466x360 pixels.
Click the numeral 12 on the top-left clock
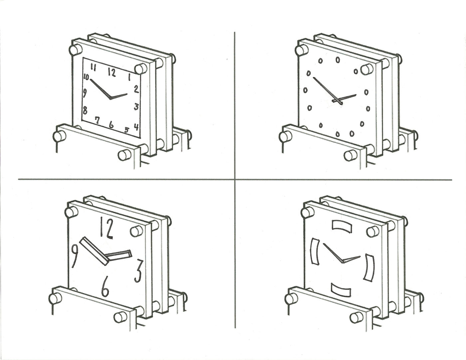click(x=112, y=73)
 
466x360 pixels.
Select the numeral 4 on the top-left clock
click(x=136, y=127)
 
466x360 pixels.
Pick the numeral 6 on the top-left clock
click(x=111, y=125)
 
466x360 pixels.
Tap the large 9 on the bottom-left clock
click(x=75, y=255)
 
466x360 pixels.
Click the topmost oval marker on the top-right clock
click(x=338, y=60)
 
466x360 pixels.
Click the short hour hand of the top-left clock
click(x=119, y=97)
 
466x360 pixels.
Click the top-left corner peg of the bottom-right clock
click(x=306, y=211)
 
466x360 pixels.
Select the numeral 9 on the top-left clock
click(x=85, y=94)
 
